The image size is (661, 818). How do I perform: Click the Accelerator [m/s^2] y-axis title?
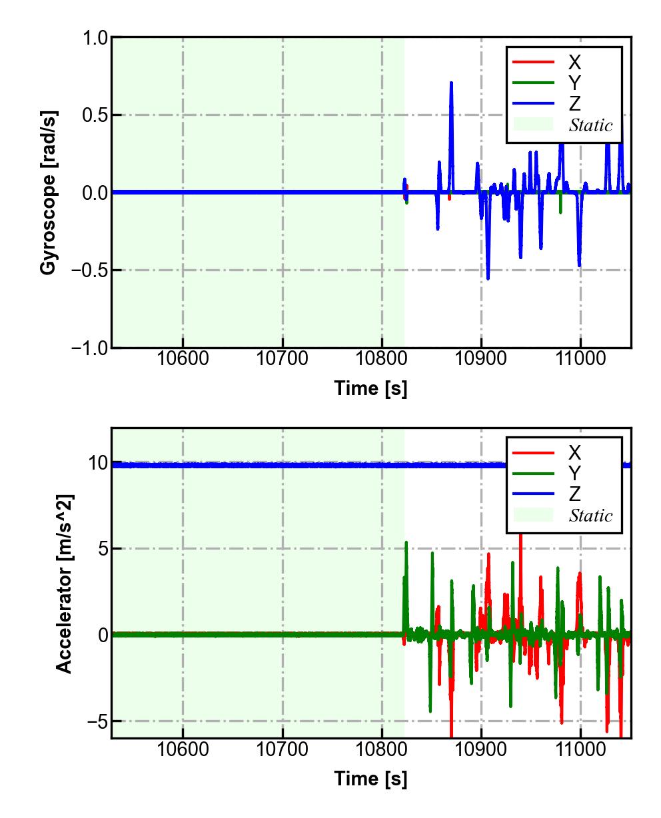point(64,584)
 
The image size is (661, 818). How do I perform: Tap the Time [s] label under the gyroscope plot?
point(370,388)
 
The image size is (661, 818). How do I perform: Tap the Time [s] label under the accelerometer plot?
point(370,778)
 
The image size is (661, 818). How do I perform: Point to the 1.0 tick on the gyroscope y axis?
point(95,38)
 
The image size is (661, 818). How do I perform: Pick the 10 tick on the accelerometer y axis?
point(98,463)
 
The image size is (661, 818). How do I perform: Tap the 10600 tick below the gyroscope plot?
point(183,359)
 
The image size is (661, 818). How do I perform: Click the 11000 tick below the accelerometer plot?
point(580,749)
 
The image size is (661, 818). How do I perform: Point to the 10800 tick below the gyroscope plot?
point(382,359)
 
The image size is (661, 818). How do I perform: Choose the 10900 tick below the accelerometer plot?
point(481,749)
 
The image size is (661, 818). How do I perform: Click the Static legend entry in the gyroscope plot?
point(590,125)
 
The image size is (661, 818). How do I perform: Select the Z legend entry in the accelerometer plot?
point(574,494)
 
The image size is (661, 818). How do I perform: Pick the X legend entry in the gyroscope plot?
point(574,63)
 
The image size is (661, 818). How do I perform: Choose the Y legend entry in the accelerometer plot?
point(574,474)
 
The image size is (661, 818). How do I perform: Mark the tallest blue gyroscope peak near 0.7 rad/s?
point(451,83)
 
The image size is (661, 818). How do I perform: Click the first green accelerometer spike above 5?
point(406,543)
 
